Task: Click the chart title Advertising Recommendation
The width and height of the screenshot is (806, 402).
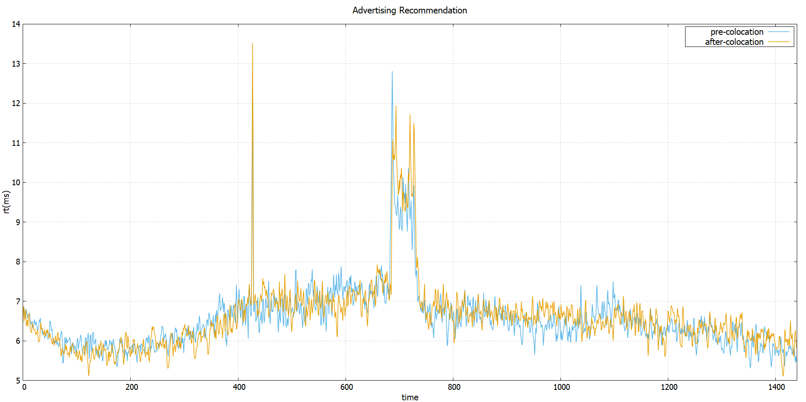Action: click(x=409, y=10)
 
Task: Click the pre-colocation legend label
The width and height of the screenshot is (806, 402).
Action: click(x=737, y=32)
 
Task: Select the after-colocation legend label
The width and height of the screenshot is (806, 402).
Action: click(x=734, y=42)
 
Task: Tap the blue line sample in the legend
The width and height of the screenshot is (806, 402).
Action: click(x=779, y=32)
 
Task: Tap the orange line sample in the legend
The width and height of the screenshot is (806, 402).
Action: click(x=779, y=42)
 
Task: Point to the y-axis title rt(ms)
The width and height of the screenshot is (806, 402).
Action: click(x=6, y=202)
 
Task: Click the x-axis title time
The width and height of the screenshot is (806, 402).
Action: click(x=410, y=397)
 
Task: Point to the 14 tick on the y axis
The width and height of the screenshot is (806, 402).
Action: click(x=16, y=24)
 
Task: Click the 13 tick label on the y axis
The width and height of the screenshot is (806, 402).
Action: click(x=16, y=64)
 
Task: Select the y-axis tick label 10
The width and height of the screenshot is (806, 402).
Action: click(x=16, y=182)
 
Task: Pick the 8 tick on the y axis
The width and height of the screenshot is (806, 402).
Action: click(x=18, y=262)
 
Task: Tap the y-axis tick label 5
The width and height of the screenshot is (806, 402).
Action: click(x=18, y=381)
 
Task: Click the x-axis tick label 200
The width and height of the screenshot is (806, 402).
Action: click(x=131, y=387)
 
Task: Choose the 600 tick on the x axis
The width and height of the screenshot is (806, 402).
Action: click(x=346, y=387)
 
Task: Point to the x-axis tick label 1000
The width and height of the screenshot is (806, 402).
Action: click(x=561, y=387)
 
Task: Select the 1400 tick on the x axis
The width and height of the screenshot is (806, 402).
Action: click(x=776, y=387)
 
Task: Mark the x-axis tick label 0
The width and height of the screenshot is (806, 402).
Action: click(x=24, y=387)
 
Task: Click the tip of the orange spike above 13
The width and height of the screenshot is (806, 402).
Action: click(x=252, y=44)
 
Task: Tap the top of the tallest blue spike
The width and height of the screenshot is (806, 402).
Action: click(x=392, y=72)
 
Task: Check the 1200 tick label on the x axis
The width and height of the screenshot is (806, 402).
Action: click(x=669, y=387)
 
